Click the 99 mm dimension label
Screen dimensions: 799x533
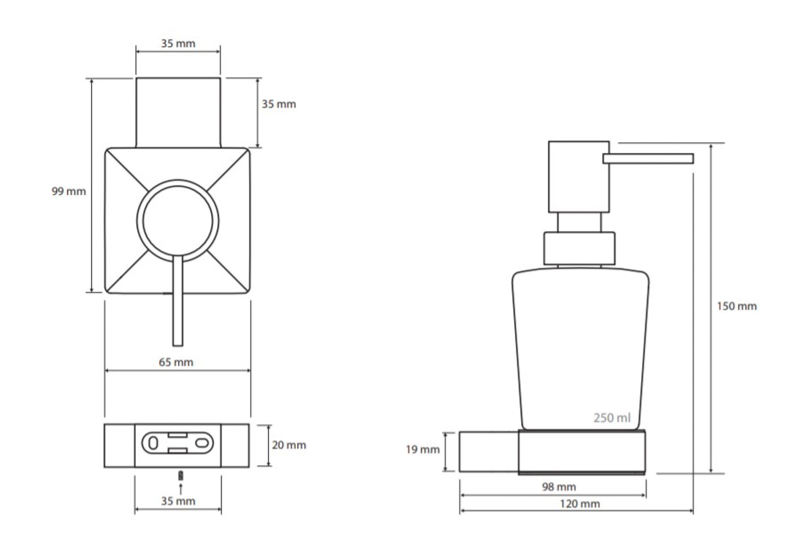[69, 191]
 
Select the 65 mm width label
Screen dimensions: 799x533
[176, 362]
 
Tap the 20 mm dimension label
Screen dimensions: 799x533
[289, 445]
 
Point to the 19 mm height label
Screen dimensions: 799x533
[423, 450]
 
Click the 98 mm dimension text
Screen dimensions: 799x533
[559, 487]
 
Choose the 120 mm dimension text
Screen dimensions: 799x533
[580, 504]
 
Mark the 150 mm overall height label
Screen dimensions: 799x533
[737, 306]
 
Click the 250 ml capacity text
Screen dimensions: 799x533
[612, 417]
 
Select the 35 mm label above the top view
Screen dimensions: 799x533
[178, 44]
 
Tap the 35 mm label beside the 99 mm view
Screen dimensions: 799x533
[279, 104]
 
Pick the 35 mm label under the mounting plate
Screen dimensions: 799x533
[178, 501]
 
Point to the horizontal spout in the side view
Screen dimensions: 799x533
[648, 159]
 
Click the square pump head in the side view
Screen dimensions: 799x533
[579, 177]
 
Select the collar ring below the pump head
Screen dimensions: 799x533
[579, 249]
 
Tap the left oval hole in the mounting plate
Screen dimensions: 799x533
[153, 444]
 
